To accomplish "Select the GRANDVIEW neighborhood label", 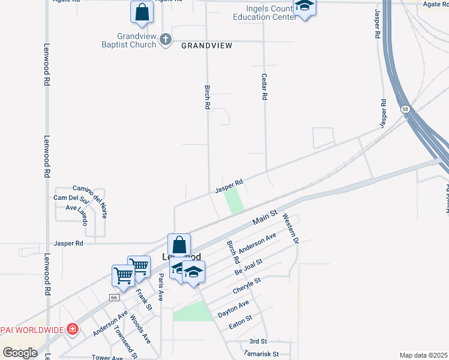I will (x=206, y=46).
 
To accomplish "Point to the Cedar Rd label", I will (x=264, y=88).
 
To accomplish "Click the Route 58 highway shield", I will (x=406, y=109).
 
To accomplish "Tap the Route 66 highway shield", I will (x=114, y=298).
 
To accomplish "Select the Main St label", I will (x=264, y=217).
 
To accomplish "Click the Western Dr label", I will (x=291, y=229).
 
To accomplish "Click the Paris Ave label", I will (x=160, y=287).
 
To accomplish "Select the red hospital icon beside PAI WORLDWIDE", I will (x=72, y=329).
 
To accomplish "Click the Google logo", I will (x=20, y=353).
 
